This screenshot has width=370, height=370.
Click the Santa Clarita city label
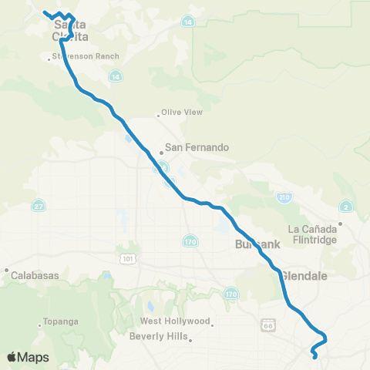[69, 30]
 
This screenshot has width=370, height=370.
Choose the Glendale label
[304, 275]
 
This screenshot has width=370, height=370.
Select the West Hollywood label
[175, 321]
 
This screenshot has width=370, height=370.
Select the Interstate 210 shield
[284, 198]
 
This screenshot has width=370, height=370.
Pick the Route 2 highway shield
[345, 206]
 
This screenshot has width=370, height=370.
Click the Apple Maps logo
[27, 357]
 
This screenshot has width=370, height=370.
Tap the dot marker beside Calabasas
[6, 271]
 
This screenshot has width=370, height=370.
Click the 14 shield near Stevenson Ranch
[114, 76]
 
